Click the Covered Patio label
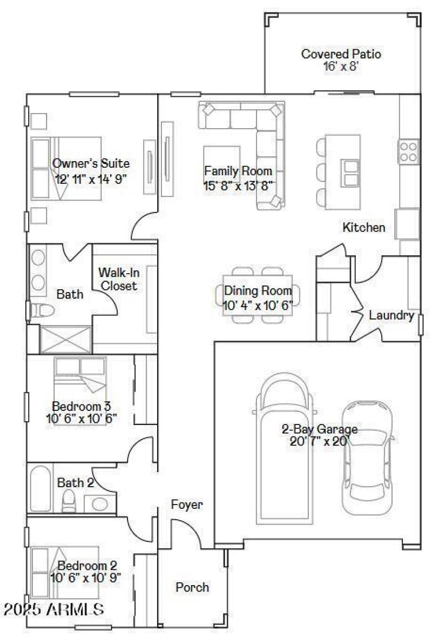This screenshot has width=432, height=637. (341, 54)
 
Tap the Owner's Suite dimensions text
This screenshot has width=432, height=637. (91, 180)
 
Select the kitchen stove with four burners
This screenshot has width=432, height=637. (409, 151)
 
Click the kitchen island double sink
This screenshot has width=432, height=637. (350, 172)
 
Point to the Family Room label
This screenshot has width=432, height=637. (238, 171)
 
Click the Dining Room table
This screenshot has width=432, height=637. (258, 295)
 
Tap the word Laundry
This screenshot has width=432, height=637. (391, 315)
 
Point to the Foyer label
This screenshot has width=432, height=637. (187, 505)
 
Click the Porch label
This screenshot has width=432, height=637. (192, 587)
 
